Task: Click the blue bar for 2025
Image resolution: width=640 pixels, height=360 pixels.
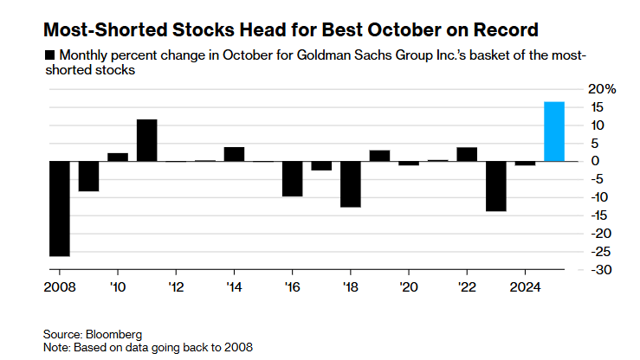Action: pyautogui.click(x=554, y=132)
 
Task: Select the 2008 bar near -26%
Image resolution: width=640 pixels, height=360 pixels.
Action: pyautogui.click(x=59, y=209)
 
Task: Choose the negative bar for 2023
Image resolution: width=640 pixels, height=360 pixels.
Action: pyautogui.click(x=495, y=186)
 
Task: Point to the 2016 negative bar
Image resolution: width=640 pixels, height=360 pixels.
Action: pyautogui.click(x=293, y=178)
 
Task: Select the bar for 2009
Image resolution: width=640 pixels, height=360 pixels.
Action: pyautogui.click(x=88, y=176)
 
